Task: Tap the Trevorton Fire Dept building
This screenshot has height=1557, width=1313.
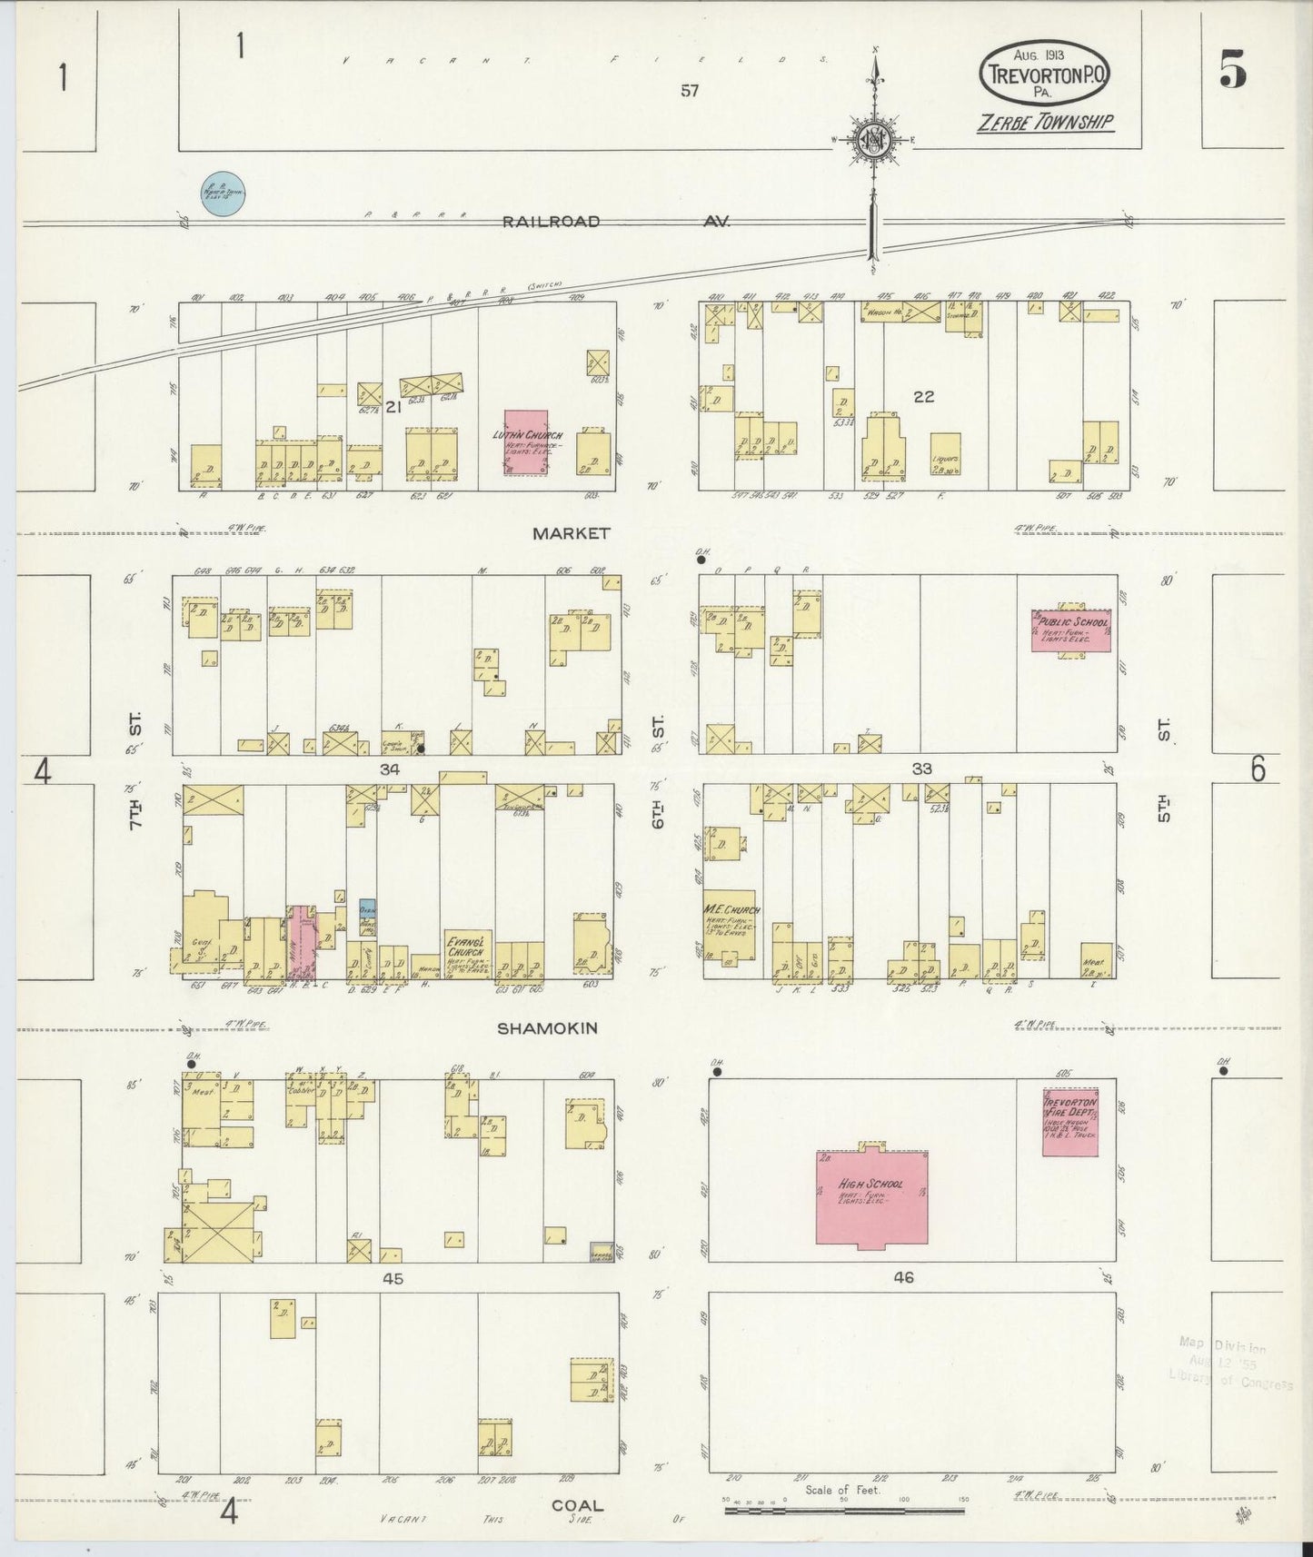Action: coord(1070,1121)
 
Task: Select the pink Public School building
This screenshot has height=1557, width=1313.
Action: coord(1070,630)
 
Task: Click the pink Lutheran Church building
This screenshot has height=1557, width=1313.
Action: coord(526,441)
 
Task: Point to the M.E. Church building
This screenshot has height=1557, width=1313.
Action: coord(729,924)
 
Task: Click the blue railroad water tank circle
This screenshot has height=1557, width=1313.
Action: coord(223,193)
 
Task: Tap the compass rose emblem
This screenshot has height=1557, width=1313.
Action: coord(874,139)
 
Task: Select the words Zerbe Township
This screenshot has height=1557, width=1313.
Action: coord(1045,123)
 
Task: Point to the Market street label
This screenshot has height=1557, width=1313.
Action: coord(572,534)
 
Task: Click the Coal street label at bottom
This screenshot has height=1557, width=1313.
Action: coord(577,1505)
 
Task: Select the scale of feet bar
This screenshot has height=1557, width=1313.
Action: coord(844,1512)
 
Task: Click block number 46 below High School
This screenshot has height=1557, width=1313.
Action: coord(902,1277)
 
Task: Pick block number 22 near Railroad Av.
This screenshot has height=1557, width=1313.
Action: coord(923,397)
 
